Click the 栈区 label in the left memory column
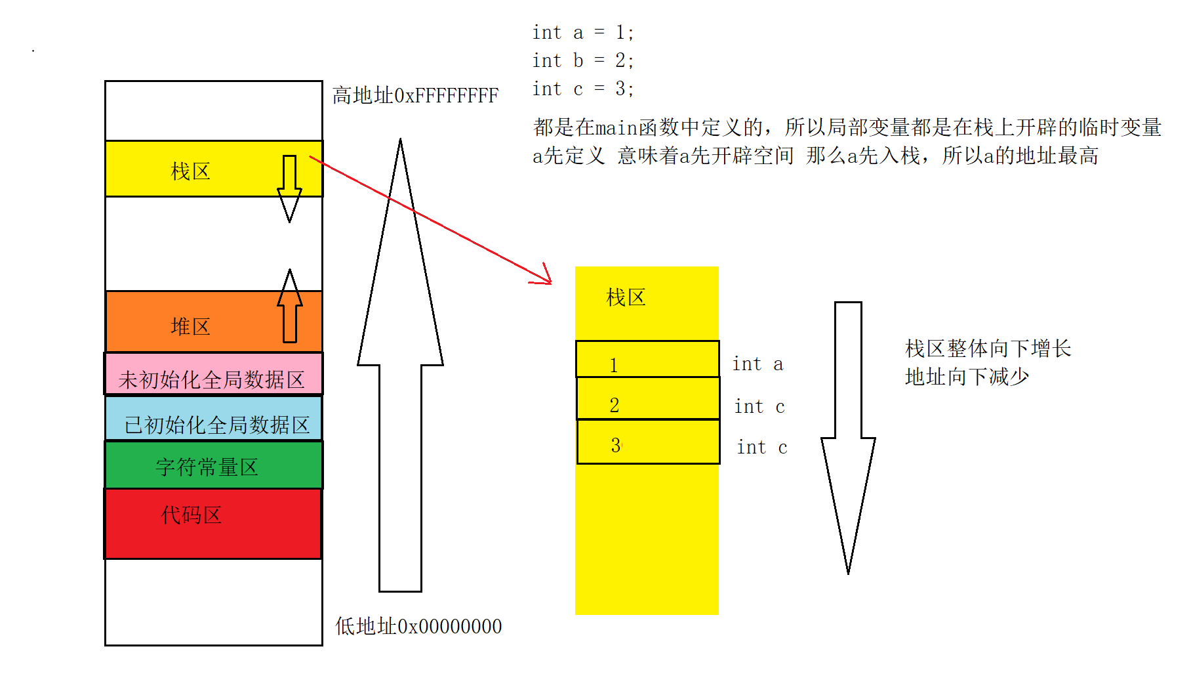click(x=190, y=171)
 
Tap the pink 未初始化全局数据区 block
click(x=211, y=379)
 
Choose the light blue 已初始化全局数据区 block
click(x=216, y=424)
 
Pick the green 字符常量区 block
click(x=207, y=467)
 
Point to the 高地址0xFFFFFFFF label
click(x=415, y=96)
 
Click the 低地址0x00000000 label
click(x=418, y=626)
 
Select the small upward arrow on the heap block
click(x=289, y=305)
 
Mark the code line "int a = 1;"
click(x=582, y=32)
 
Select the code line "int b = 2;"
click(x=582, y=60)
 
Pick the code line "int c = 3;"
click(x=582, y=89)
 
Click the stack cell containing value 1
click(x=647, y=359)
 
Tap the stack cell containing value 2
click(x=647, y=399)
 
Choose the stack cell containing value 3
click(x=647, y=442)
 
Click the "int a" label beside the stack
click(x=757, y=364)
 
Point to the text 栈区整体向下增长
click(x=988, y=348)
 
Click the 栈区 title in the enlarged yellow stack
click(x=626, y=297)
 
